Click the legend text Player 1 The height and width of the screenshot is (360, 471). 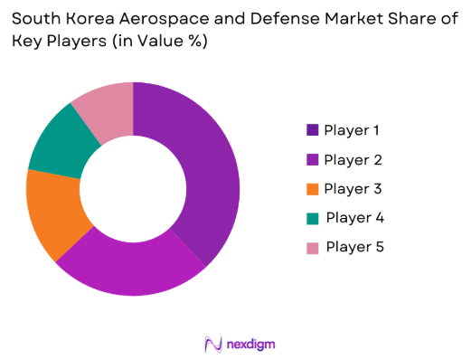tap(353, 130)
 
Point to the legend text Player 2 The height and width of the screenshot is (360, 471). tap(353, 159)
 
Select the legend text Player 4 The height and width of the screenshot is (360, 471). tap(354, 217)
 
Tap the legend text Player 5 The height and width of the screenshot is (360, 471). tap(354, 246)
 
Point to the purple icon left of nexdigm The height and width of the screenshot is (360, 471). tap(213, 344)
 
